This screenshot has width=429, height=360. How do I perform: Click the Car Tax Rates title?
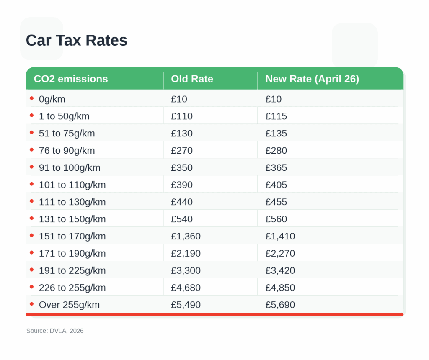pyautogui.click(x=76, y=41)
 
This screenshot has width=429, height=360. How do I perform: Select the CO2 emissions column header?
pyautogui.click(x=71, y=79)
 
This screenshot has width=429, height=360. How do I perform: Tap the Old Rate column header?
pyautogui.click(x=192, y=79)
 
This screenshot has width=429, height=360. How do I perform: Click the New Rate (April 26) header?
pyautogui.click(x=312, y=79)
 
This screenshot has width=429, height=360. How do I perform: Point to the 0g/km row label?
pyautogui.click(x=52, y=99)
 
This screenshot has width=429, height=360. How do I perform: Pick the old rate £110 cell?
pyautogui.click(x=182, y=116)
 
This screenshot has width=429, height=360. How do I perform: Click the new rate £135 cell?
pyautogui.click(x=276, y=134)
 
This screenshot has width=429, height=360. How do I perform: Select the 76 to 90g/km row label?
pyautogui.click(x=67, y=151)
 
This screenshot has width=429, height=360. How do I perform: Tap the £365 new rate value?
pyautogui.click(x=276, y=168)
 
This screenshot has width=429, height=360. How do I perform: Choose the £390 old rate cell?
pyautogui.click(x=182, y=185)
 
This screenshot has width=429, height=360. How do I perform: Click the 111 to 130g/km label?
pyautogui.click(x=72, y=202)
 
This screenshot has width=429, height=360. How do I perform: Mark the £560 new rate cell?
pyautogui.click(x=276, y=219)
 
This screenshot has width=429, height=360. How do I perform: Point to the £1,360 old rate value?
pyautogui.click(x=186, y=237)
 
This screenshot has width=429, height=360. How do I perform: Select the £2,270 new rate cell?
pyautogui.click(x=280, y=254)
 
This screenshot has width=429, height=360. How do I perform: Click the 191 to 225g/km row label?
pyautogui.click(x=72, y=271)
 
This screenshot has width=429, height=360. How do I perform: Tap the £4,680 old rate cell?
pyautogui.click(x=186, y=288)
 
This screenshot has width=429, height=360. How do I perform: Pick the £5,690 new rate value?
pyautogui.click(x=280, y=305)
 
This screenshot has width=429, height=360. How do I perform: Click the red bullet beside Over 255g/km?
pyautogui.click(x=32, y=304)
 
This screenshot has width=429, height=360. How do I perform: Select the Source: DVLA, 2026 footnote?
pyautogui.click(x=55, y=331)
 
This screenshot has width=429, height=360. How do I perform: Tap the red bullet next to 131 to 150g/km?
pyautogui.click(x=32, y=219)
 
